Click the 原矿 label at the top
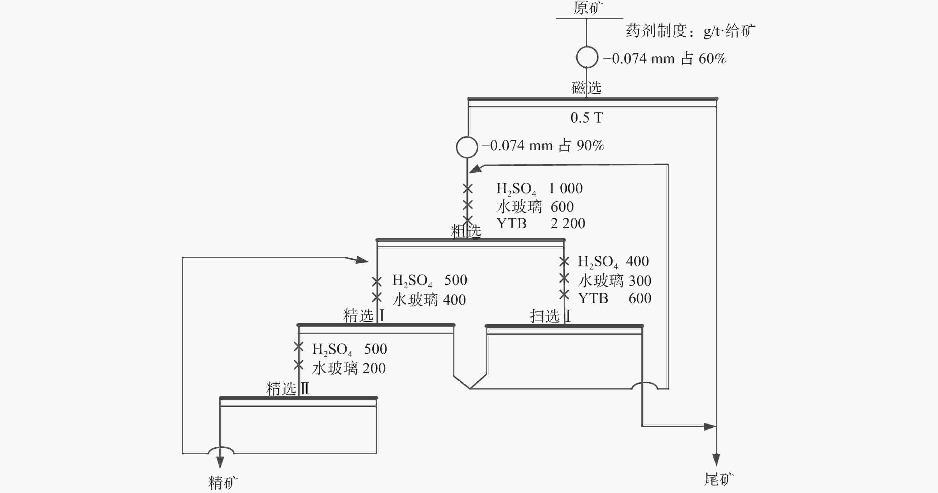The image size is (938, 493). coord(588,8)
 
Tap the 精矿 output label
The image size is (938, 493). coord(223,483)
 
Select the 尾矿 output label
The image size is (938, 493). coord(719,479)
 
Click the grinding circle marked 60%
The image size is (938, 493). coord(587,57)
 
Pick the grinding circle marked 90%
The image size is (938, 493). coord(467,147)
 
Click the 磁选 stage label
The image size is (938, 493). coord(586,88)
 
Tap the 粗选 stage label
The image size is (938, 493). coord(466,231)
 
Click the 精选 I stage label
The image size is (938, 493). coord(364,315)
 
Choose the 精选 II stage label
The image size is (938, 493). coord(288,389)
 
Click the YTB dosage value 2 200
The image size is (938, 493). coord(568,223)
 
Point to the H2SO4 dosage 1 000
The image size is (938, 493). coord(565,188)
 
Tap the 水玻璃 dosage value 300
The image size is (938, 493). coord(640,280)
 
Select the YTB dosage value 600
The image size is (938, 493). coord(640,298)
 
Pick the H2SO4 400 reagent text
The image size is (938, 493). coord(613,262)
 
